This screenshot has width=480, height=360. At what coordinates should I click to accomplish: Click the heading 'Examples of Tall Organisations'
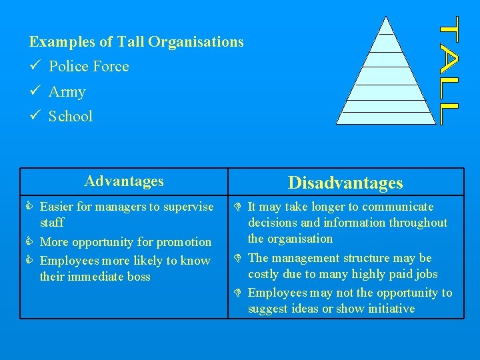(x=137, y=42)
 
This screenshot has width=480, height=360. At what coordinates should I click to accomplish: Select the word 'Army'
(x=67, y=92)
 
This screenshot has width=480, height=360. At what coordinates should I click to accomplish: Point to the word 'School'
(x=71, y=117)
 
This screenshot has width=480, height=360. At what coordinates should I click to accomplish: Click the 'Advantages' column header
(x=124, y=181)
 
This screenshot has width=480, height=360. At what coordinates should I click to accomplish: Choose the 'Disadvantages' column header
(x=345, y=183)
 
